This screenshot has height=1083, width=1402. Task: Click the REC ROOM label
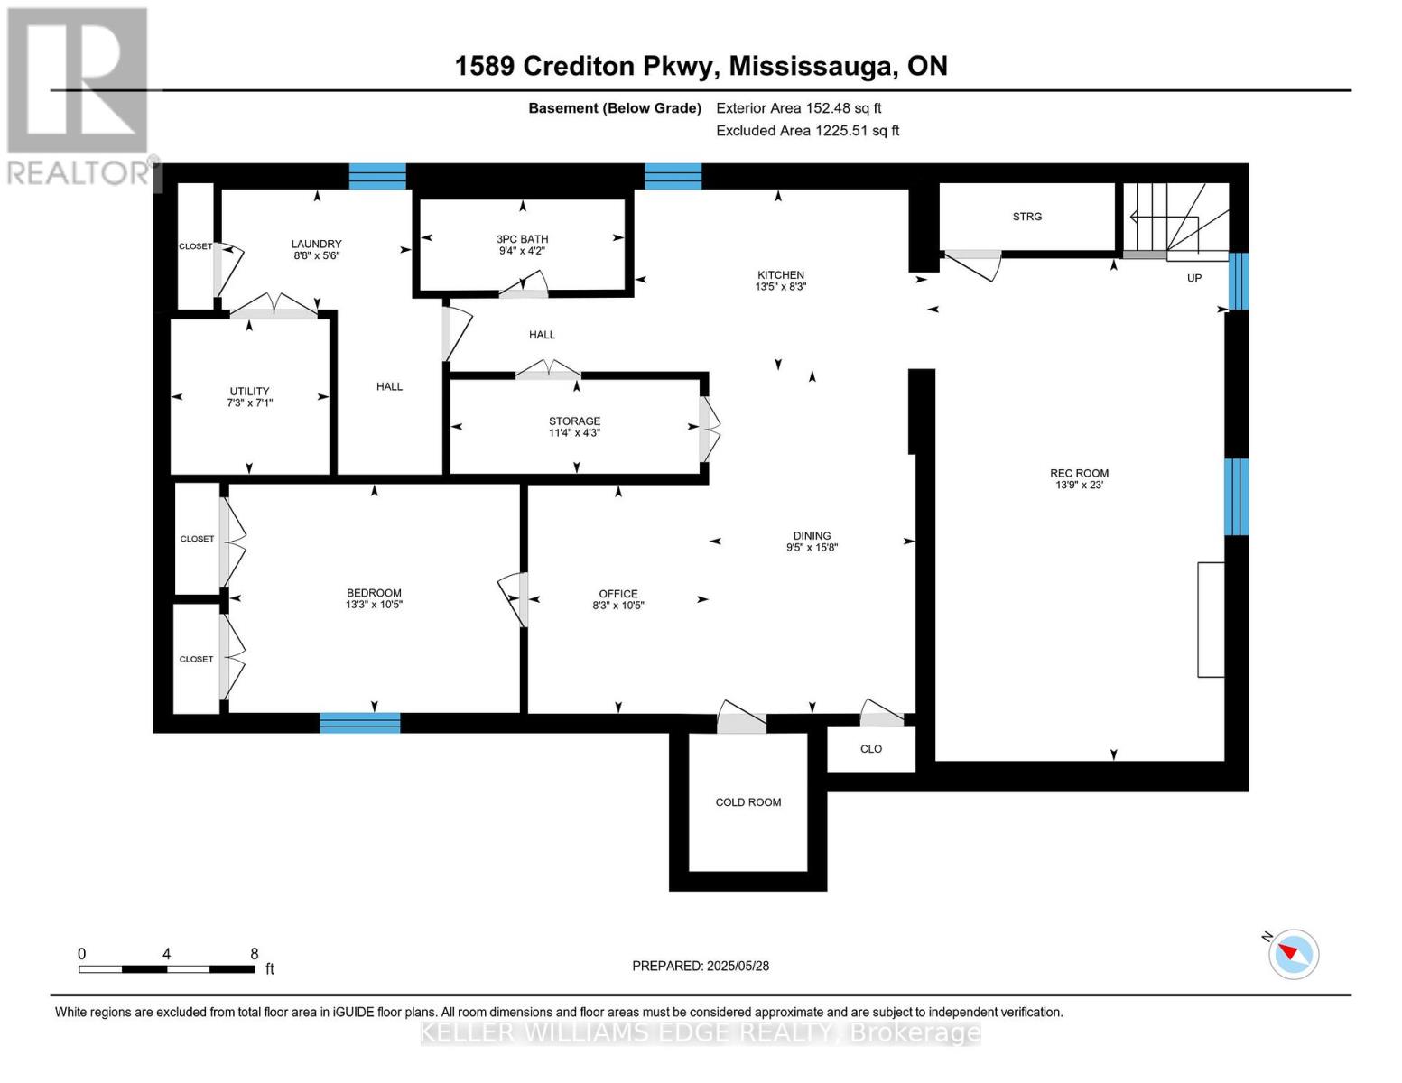(x=1079, y=473)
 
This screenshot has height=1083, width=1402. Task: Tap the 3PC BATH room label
(x=522, y=239)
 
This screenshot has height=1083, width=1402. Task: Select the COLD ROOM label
(x=747, y=802)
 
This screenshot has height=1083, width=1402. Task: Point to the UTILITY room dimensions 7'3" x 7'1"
(x=249, y=403)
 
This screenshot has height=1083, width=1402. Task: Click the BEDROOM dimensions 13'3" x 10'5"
(x=374, y=605)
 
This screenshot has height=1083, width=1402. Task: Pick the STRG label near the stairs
(x=1026, y=217)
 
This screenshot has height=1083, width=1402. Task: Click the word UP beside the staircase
(x=1193, y=278)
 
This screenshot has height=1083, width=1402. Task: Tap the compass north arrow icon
(x=1293, y=953)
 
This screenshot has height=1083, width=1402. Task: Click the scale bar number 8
(x=255, y=954)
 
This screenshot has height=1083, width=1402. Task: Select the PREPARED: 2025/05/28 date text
(x=701, y=966)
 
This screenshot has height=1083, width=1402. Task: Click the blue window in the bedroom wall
(x=359, y=722)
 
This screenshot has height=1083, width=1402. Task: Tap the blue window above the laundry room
(x=377, y=176)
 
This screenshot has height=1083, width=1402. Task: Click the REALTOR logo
(x=79, y=95)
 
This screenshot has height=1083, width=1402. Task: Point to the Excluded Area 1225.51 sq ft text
(x=807, y=131)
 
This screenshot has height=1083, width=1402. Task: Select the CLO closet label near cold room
(x=870, y=749)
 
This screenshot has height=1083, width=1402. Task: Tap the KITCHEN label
(x=780, y=275)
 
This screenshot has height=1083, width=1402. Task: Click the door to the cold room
(x=740, y=718)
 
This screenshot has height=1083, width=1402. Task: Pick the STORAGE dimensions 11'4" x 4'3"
(x=574, y=433)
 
